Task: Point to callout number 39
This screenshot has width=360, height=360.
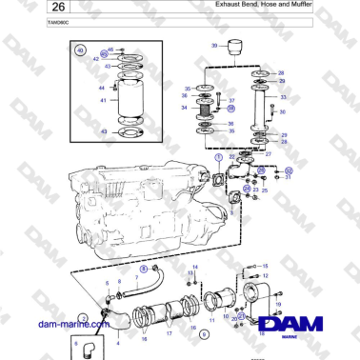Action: pos(214,46)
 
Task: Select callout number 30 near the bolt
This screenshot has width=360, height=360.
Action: pos(283,112)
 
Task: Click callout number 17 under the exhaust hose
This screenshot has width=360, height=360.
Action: pos(169,334)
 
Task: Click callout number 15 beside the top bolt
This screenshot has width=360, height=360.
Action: pos(265,266)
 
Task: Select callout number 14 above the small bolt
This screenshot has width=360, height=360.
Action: pos(194,269)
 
